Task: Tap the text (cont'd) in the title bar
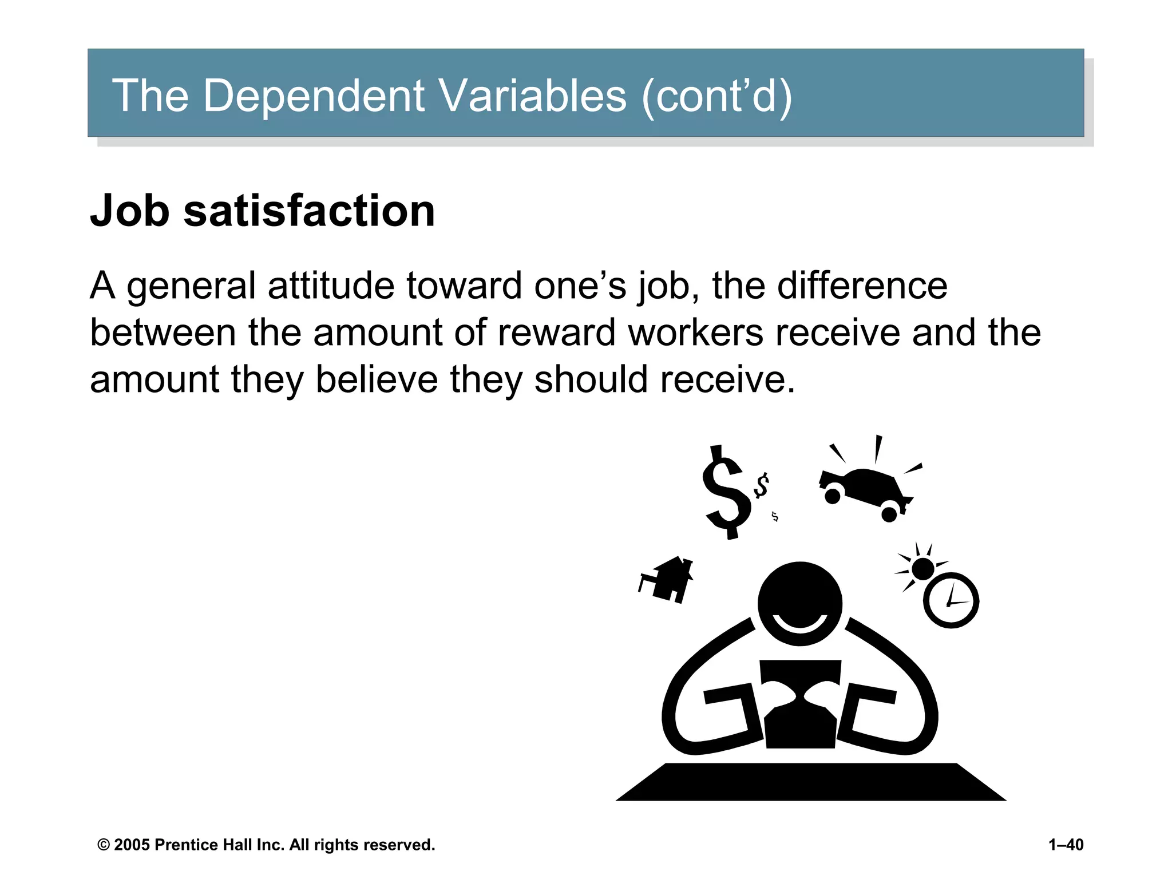point(717,96)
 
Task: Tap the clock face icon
point(951,601)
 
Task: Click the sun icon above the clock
point(922,569)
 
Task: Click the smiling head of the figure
point(799,603)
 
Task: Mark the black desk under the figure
point(810,782)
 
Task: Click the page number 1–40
point(1066,845)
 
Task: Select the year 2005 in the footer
point(132,845)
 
